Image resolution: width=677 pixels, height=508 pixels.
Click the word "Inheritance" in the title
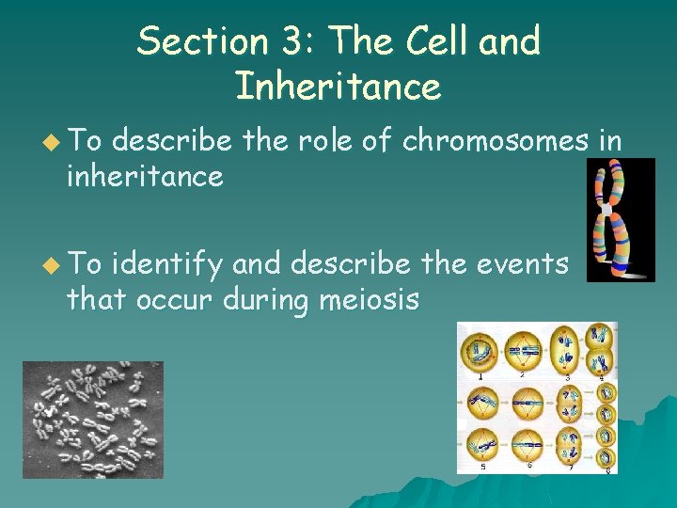(x=338, y=87)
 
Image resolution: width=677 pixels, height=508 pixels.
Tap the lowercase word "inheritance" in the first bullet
(x=144, y=175)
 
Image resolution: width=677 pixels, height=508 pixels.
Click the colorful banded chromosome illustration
(x=620, y=219)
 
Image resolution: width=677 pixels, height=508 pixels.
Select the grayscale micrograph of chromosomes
(x=92, y=420)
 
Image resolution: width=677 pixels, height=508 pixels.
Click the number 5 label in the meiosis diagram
(x=482, y=466)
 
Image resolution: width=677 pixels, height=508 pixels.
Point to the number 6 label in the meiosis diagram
(x=530, y=466)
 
